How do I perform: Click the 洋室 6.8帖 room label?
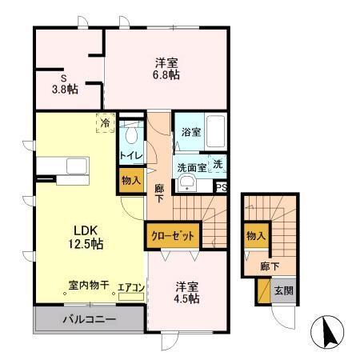[x=166, y=68]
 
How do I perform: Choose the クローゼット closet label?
[x=171, y=238]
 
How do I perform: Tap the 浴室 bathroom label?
[x=190, y=132]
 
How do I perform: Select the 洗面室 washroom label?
[x=191, y=168]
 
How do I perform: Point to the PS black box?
[x=222, y=186]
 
